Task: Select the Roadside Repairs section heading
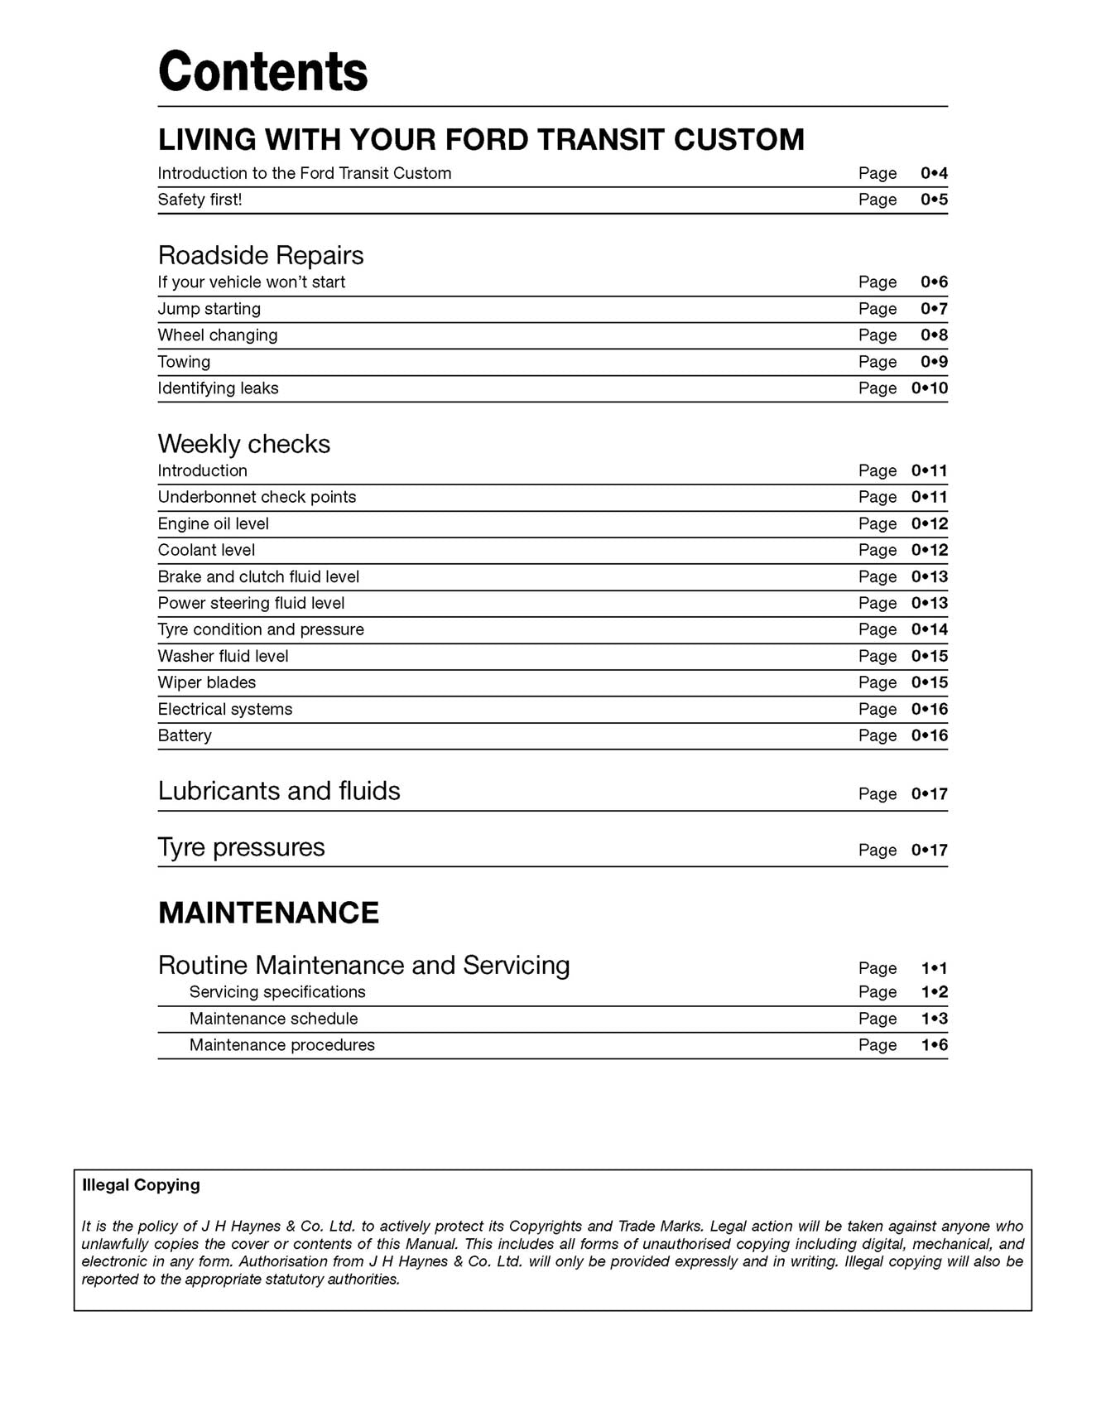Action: click(x=260, y=255)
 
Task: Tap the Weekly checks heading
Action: click(x=243, y=444)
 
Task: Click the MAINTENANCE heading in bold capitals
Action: click(x=268, y=913)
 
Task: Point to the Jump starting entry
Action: click(x=209, y=309)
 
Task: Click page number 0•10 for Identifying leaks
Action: click(x=929, y=388)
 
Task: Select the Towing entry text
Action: click(x=184, y=362)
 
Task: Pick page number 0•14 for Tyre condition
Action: click(x=929, y=629)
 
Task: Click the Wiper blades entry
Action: click(x=206, y=682)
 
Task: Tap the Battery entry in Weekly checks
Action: click(x=185, y=735)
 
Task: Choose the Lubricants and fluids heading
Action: click(x=278, y=791)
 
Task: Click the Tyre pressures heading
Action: click(x=241, y=847)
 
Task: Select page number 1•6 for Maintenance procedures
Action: click(x=934, y=1045)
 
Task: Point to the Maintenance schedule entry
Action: click(x=273, y=1019)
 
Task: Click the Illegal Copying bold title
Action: click(x=141, y=1185)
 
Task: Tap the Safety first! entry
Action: click(x=200, y=200)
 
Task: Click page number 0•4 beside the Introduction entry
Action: click(x=934, y=173)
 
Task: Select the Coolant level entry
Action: click(x=206, y=550)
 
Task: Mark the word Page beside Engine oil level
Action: click(x=877, y=523)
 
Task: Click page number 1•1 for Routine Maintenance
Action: click(x=934, y=968)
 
